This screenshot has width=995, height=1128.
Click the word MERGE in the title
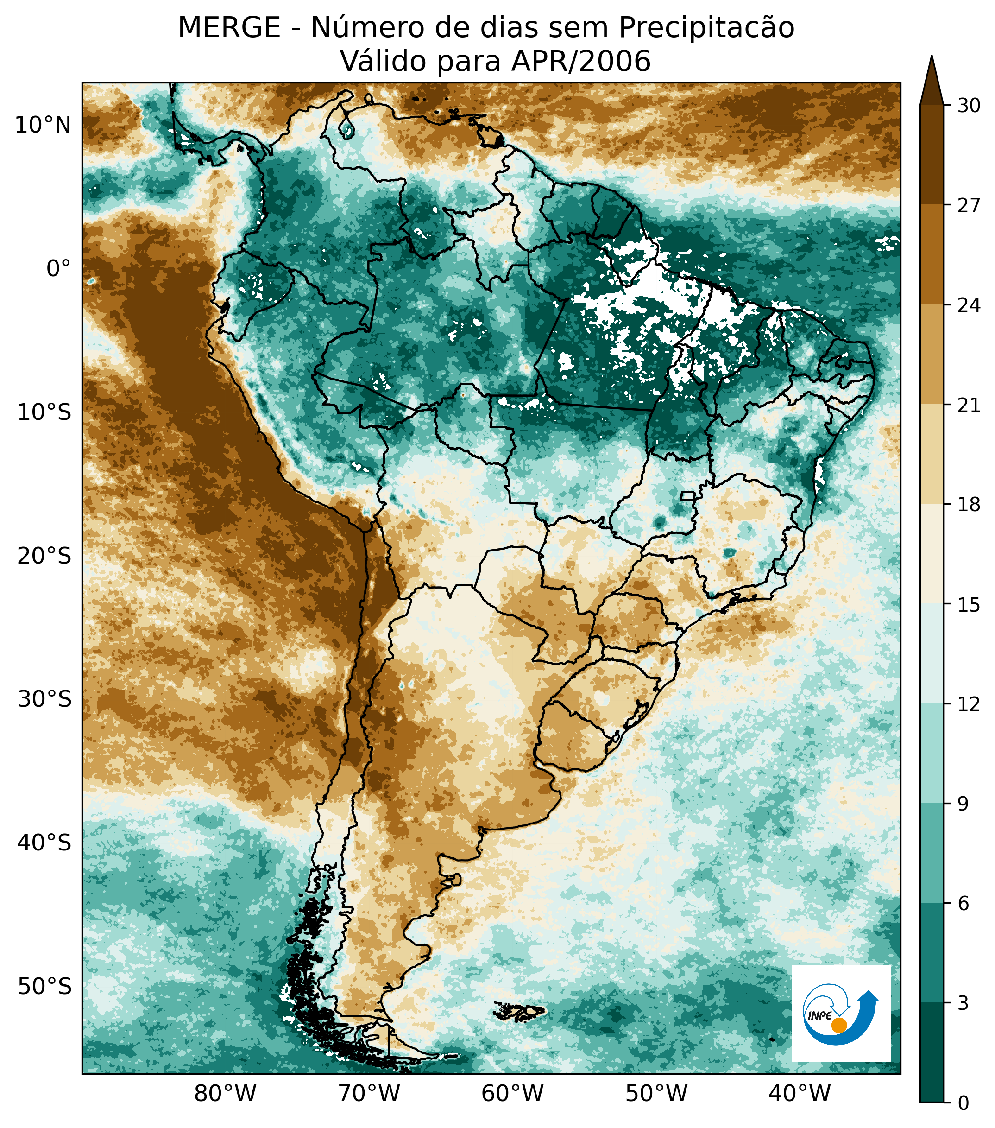tap(229, 28)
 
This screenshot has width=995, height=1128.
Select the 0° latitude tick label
tap(59, 269)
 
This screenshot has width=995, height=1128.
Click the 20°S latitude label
tap(44, 556)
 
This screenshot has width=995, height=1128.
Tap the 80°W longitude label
tap(226, 1092)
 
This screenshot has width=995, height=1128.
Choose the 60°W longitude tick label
tap(513, 1092)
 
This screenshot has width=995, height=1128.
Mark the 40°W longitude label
tap(800, 1092)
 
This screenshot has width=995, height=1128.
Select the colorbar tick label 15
tap(969, 605)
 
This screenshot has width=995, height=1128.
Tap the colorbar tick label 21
tap(969, 405)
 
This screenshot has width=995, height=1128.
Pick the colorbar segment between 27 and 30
tap(932, 154)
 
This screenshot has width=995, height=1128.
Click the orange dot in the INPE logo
tap(839, 1025)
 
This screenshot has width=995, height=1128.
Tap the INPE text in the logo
tap(819, 1015)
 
